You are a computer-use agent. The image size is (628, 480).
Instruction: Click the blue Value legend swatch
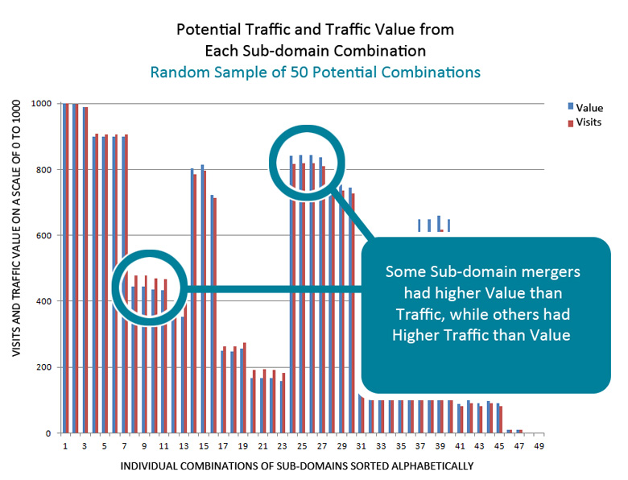[572, 106]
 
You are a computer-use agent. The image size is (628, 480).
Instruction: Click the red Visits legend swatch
[572, 122]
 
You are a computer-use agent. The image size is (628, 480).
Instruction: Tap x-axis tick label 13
[183, 445]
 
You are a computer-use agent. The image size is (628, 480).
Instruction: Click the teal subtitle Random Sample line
[315, 72]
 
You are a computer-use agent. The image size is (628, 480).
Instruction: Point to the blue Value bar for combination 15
[202, 298]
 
